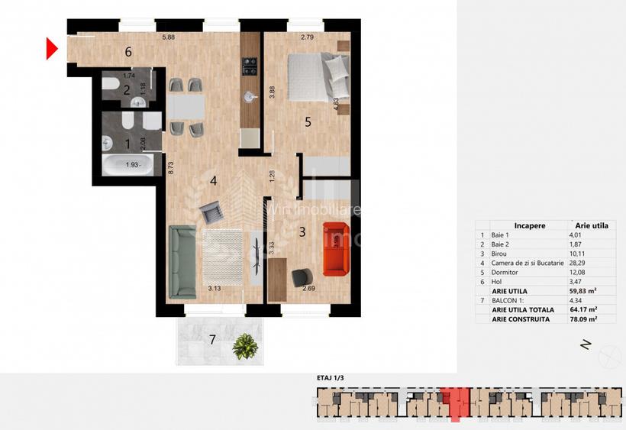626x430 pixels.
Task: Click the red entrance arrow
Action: coord(52,49)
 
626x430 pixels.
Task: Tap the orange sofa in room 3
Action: coord(334,248)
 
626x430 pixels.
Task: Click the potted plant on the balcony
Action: coord(244,346)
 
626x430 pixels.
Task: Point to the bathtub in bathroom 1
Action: coord(126,164)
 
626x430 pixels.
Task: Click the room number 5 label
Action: coord(308,121)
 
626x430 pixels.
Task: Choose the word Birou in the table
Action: coord(501,254)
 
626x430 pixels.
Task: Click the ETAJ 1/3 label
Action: coord(330,377)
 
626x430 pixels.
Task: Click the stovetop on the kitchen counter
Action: coord(249,67)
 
